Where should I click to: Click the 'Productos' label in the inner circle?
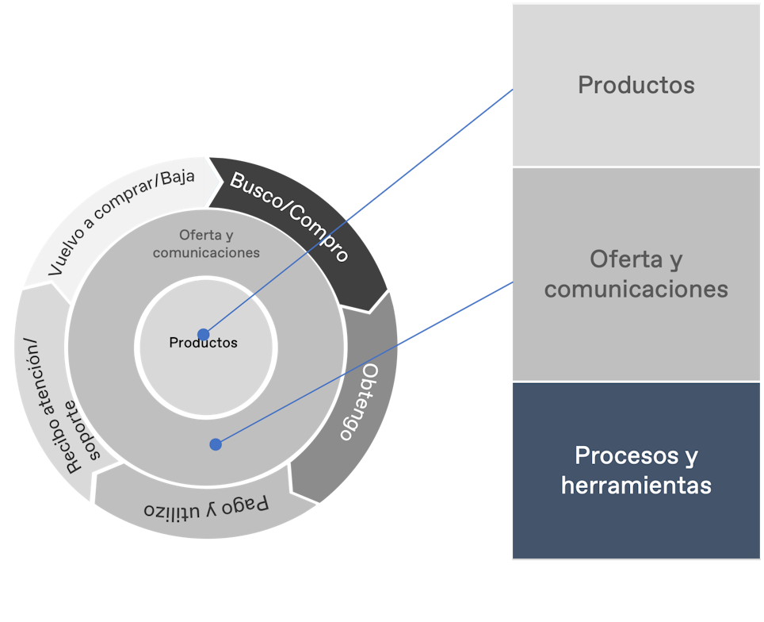pos(203,344)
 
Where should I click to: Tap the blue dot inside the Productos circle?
pos(204,334)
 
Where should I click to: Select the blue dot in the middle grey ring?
pos(216,444)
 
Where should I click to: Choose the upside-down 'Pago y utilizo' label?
pos(206,505)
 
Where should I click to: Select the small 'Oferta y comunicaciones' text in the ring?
pos(206,244)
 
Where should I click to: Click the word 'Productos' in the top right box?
pos(636,85)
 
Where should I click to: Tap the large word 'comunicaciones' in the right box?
pos(636,288)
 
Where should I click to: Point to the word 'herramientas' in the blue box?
pos(636,485)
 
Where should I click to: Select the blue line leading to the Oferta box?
pos(365,363)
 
